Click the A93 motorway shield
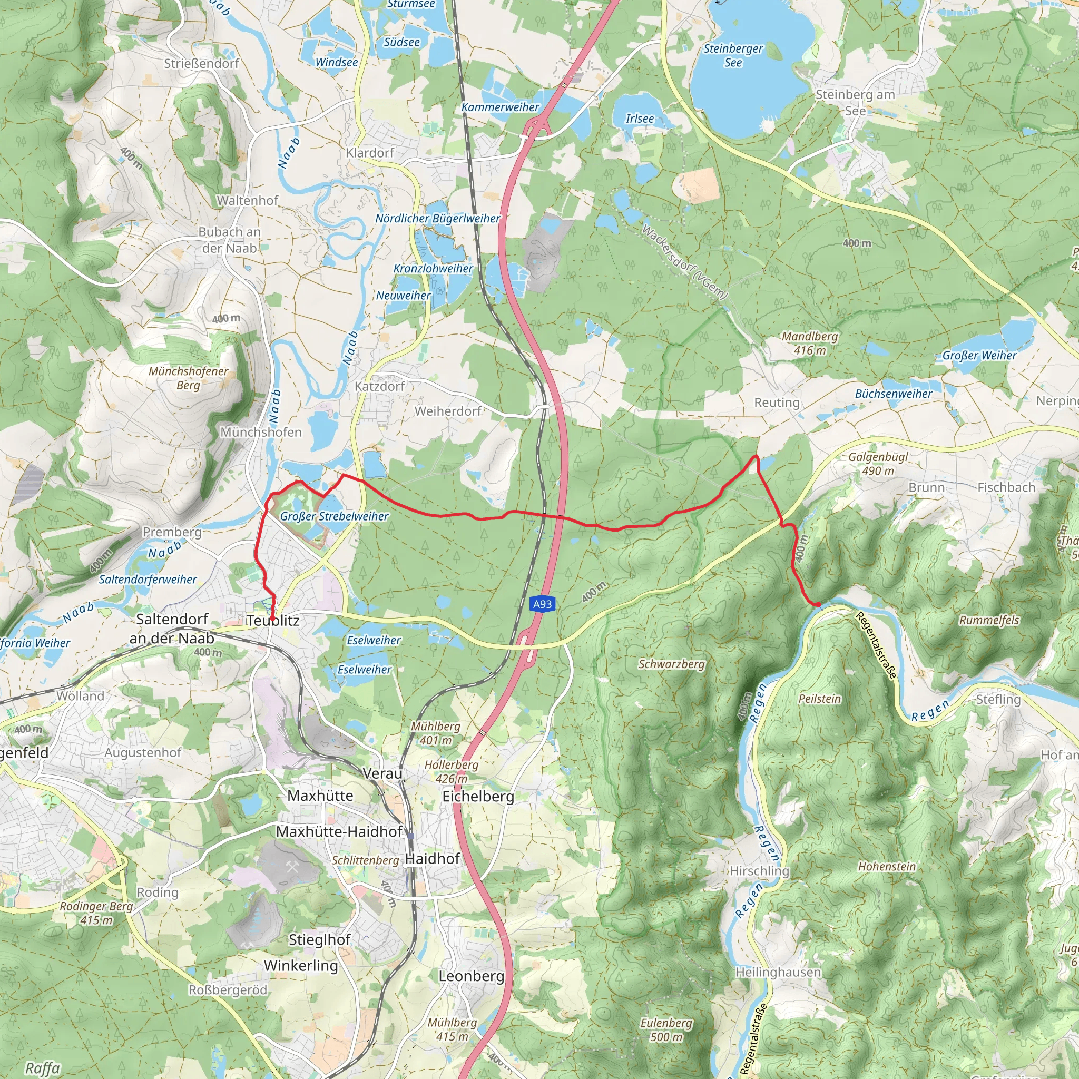(x=542, y=604)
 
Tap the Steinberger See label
(x=733, y=55)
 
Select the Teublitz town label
(x=273, y=621)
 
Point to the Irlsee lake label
(x=640, y=119)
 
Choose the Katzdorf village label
(x=380, y=386)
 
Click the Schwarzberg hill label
(x=671, y=664)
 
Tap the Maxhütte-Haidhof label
(x=339, y=831)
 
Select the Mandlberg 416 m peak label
(x=809, y=344)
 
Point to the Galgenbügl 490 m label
(x=878, y=464)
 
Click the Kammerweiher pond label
(x=500, y=107)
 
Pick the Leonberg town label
(x=472, y=976)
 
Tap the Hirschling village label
(x=760, y=871)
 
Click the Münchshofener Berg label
(x=188, y=378)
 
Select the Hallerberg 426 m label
(x=452, y=771)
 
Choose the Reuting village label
(x=777, y=402)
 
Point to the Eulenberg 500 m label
(x=666, y=1029)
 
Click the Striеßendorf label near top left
(x=201, y=64)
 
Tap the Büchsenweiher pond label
(x=894, y=394)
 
